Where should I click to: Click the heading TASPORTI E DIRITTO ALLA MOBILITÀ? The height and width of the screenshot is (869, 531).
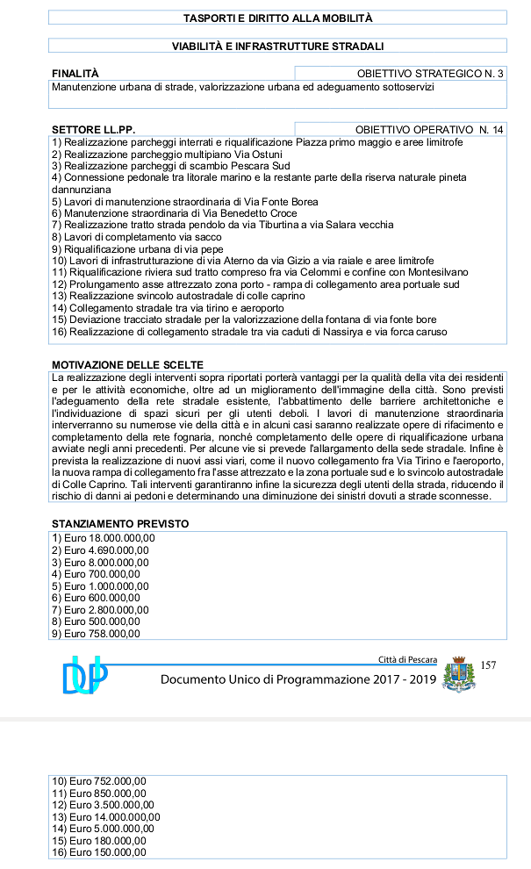point(278,18)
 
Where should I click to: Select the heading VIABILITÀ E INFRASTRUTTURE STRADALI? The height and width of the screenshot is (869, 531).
point(278,46)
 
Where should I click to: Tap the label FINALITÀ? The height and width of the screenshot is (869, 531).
point(75,74)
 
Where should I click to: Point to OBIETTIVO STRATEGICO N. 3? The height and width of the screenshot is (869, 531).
point(430,74)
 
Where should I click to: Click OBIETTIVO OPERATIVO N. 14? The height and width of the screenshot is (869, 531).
point(429,130)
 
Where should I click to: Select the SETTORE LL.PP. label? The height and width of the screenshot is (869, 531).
point(93,130)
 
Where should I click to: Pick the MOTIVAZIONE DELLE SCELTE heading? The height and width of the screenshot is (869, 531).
point(127,364)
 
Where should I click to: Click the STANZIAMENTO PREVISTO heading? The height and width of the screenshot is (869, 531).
point(120,524)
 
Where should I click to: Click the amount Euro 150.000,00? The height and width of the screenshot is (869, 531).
point(99,852)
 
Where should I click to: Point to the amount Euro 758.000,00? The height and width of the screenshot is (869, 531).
point(96,633)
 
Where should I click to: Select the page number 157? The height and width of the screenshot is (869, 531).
point(489,665)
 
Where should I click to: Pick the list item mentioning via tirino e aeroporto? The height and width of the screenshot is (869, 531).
point(168,308)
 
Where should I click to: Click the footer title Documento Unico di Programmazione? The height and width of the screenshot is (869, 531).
point(298,680)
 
